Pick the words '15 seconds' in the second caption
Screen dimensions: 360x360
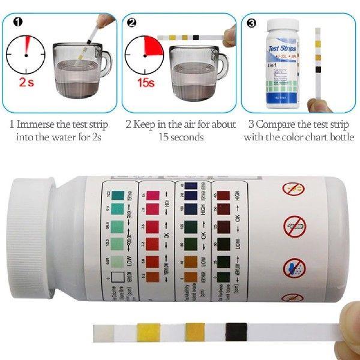[181, 137]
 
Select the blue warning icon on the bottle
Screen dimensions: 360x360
[293, 266]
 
